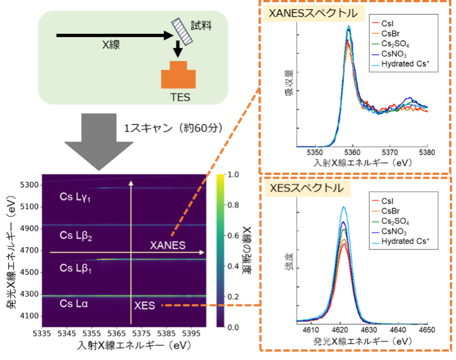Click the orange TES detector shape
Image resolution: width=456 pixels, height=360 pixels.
click(179, 76)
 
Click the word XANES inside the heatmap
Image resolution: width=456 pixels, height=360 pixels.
click(167, 245)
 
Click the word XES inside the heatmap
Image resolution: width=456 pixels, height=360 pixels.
click(144, 305)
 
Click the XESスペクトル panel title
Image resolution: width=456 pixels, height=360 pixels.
click(306, 188)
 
